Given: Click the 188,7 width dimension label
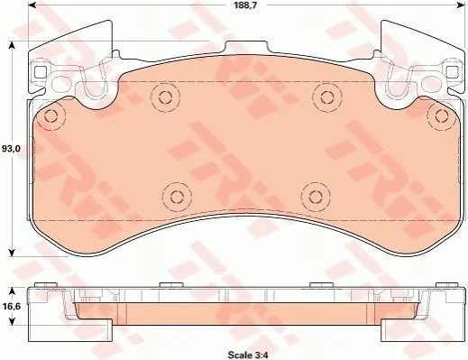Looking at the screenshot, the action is [246, 5].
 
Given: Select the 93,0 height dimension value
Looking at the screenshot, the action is [11, 148].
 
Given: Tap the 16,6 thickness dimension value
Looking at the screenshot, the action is [11, 306].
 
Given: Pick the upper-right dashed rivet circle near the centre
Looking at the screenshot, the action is [326, 97].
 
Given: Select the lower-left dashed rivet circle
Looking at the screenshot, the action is [177, 197].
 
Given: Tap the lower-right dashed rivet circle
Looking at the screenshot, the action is [315, 197].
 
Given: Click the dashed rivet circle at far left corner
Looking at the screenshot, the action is [51, 115].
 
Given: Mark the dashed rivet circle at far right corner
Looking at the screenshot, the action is [441, 115].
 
